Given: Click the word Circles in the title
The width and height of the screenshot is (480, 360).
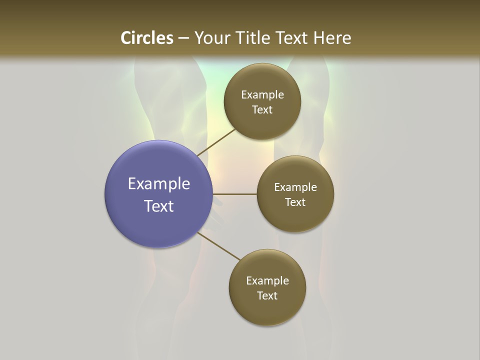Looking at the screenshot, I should [x=146, y=38].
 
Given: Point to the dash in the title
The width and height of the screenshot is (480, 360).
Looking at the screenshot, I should [x=183, y=38].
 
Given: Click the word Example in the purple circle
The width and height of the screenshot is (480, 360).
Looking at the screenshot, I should [x=159, y=184].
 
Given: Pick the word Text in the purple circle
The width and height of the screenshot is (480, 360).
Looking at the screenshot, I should [x=159, y=206].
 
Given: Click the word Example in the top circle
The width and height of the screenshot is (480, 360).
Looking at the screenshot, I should [x=262, y=95].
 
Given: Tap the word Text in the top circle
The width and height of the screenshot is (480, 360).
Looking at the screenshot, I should [x=262, y=110].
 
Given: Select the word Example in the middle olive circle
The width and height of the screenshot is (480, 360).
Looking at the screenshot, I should [x=295, y=187].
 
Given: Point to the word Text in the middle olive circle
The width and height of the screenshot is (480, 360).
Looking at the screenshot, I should [x=295, y=202].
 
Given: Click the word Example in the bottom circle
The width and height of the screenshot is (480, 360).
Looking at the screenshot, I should [x=267, y=281].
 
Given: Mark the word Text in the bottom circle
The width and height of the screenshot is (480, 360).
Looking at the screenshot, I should [x=267, y=296].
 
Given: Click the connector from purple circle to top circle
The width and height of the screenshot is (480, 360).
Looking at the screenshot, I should [x=216, y=142].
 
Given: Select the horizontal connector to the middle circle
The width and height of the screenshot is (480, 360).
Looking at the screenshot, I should [x=235, y=194].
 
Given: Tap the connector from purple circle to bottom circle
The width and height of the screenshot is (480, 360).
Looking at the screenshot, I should [x=219, y=246].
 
